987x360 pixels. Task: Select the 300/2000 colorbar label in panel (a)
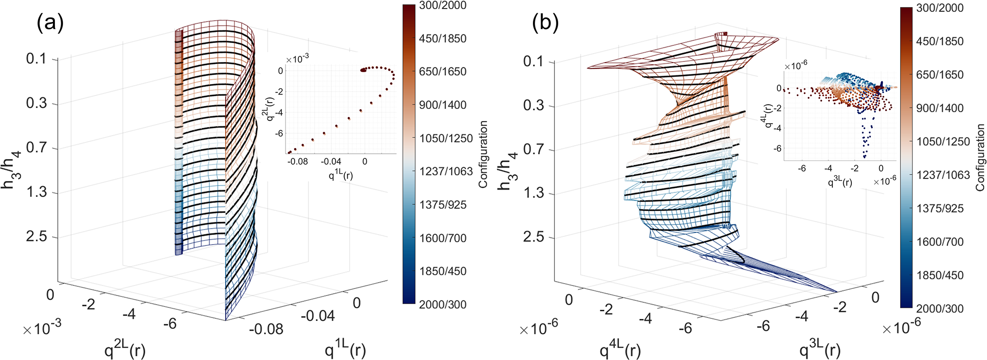[x=443, y=6]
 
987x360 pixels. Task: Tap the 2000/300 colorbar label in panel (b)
[x=940, y=308]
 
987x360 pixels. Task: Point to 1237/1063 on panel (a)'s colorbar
[x=446, y=171]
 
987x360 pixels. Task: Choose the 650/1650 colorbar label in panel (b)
[x=940, y=75]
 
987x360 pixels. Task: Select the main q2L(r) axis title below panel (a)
[x=125, y=350]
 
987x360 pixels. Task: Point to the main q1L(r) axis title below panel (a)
[x=346, y=350]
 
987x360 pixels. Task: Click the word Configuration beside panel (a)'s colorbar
[x=483, y=154]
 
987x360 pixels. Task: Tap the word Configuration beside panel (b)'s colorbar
[x=980, y=158]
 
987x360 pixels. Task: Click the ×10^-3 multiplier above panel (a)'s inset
[x=297, y=59]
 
